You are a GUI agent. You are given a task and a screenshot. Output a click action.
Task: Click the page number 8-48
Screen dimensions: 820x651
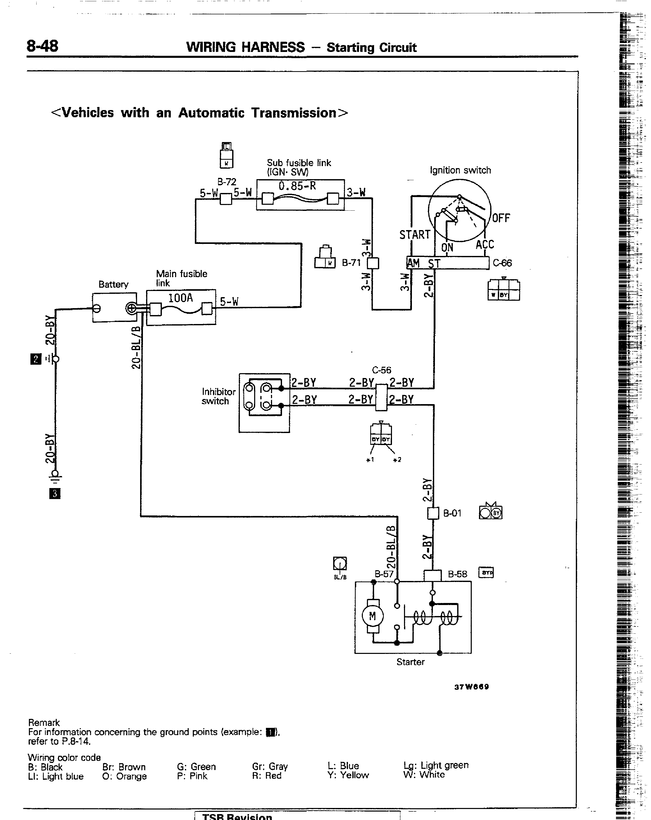coord(42,46)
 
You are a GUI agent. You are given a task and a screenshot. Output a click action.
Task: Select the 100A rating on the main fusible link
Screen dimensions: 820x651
coord(181,298)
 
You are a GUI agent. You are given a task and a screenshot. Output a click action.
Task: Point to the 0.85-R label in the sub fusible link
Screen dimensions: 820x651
coord(297,186)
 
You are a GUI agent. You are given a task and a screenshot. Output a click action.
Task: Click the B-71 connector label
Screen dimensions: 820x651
coord(351,263)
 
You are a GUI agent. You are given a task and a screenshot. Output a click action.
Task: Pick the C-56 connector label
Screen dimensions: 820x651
coord(381,370)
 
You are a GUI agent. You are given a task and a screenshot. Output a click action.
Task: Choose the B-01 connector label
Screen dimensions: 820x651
coord(452,513)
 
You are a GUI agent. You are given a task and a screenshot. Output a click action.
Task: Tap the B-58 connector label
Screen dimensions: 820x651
coord(457,574)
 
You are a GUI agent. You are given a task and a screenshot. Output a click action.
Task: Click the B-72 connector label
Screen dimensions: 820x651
coord(227,182)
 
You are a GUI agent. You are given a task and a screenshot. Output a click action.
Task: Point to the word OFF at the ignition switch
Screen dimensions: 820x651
coord(501,218)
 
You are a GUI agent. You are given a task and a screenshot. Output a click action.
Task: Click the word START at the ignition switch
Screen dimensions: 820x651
coord(415,235)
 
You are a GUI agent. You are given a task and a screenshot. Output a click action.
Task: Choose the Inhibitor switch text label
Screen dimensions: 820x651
coord(219,396)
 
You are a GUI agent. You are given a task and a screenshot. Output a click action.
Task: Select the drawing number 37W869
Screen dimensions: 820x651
coord(471,686)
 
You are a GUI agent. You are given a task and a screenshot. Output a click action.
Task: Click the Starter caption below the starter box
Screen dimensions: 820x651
coord(410,662)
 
